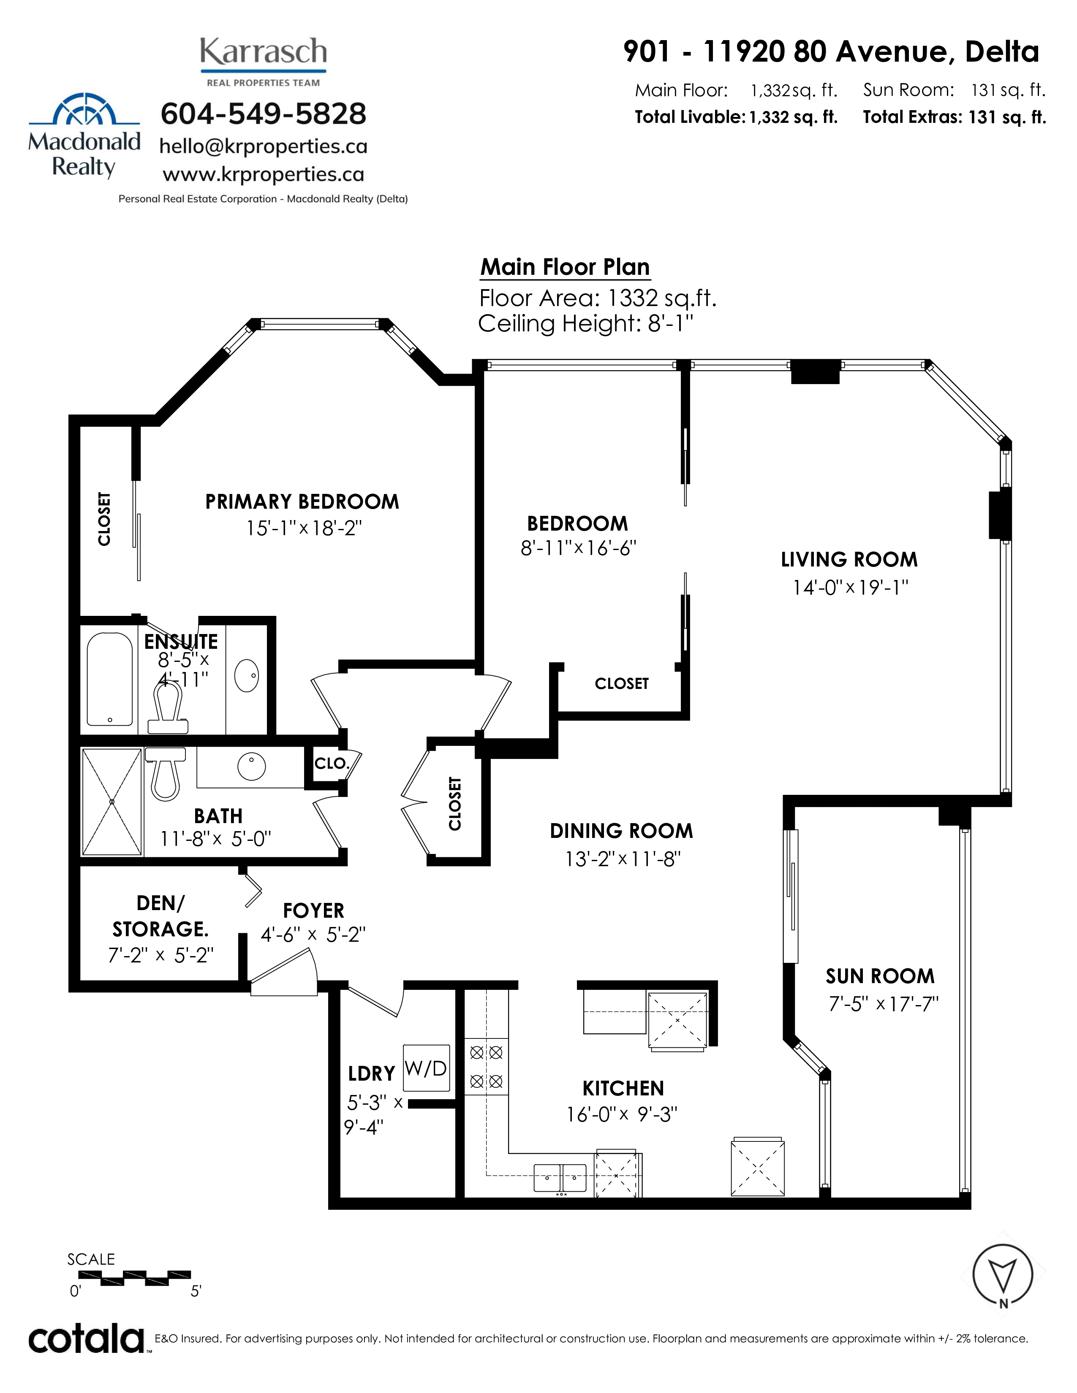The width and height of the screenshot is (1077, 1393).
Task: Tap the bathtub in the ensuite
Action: click(x=110, y=679)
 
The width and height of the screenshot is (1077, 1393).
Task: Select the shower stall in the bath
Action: click(x=112, y=802)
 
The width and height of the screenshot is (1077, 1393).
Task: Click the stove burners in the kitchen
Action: click(x=486, y=1066)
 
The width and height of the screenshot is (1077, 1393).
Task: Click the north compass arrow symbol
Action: click(x=1002, y=1276)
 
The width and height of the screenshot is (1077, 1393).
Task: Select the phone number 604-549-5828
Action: click(x=264, y=114)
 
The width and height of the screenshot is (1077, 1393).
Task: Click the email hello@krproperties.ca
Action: click(x=264, y=147)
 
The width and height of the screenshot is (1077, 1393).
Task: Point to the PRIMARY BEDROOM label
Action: click(x=302, y=501)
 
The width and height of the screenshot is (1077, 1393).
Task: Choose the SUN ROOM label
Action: click(x=880, y=976)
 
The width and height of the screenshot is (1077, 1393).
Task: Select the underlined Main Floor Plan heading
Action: click(x=565, y=267)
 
